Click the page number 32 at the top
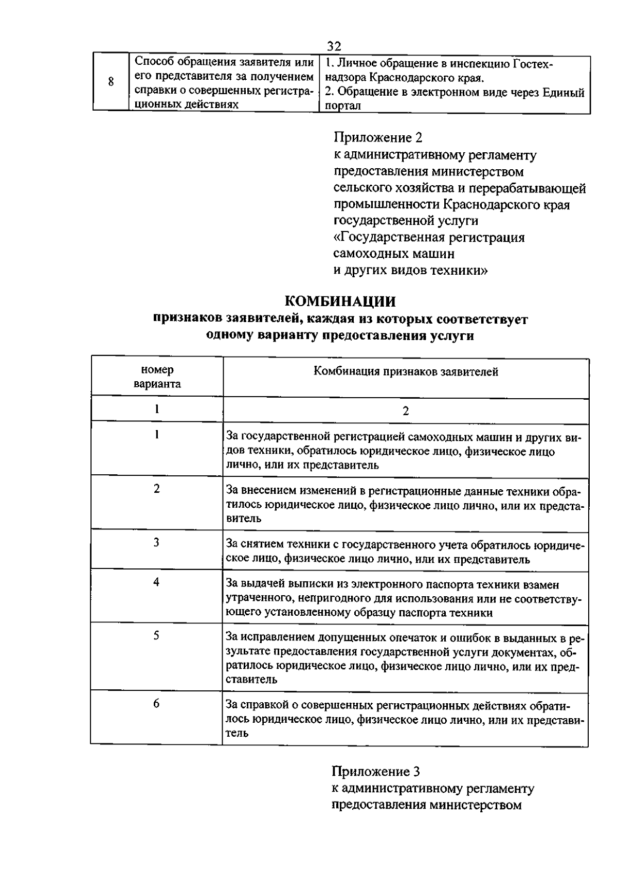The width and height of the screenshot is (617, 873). pyautogui.click(x=334, y=47)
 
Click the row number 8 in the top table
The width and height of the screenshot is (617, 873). pyautogui.click(x=111, y=81)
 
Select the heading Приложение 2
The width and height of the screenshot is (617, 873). pyautogui.click(x=378, y=138)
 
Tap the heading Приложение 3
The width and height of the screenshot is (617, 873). pyautogui.click(x=376, y=772)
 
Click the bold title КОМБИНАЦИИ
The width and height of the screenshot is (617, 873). pyautogui.click(x=340, y=301)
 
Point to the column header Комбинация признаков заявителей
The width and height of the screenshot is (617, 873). pyautogui.click(x=406, y=371)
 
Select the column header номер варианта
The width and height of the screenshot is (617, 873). pyautogui.click(x=157, y=377)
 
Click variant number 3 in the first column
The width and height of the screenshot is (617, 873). pyautogui.click(x=156, y=542)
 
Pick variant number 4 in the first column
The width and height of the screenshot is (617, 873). pyautogui.click(x=156, y=582)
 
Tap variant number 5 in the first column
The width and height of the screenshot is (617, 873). pyautogui.click(x=156, y=636)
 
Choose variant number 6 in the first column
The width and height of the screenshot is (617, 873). pyautogui.click(x=156, y=703)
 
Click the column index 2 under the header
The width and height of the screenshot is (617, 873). pyautogui.click(x=406, y=411)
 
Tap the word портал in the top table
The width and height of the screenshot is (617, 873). pyautogui.click(x=343, y=106)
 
